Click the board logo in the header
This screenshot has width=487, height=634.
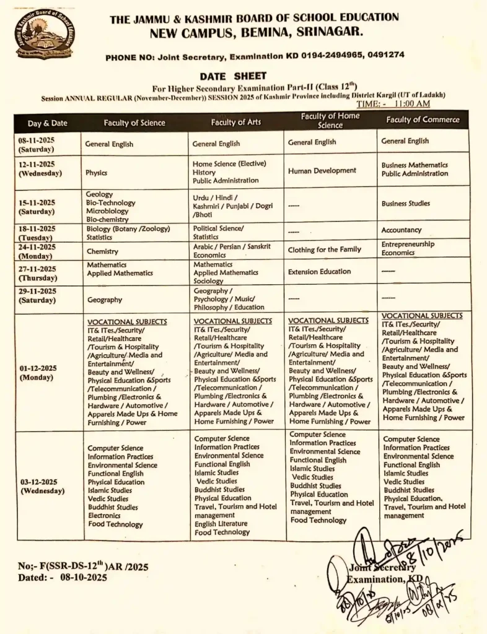click(x=44, y=34)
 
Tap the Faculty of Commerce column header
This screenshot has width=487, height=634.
click(x=423, y=119)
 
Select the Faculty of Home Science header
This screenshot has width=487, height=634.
click(x=330, y=120)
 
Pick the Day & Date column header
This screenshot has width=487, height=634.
click(x=47, y=123)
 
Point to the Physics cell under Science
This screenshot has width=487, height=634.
click(x=97, y=173)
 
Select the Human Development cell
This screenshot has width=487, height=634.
click(x=322, y=171)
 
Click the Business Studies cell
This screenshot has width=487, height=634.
click(x=405, y=203)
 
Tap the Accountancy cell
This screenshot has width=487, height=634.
click(x=401, y=230)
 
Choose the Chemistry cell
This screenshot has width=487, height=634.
click(x=102, y=251)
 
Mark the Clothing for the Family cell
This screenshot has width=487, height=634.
click(x=324, y=250)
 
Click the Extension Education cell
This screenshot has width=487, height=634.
click(x=319, y=271)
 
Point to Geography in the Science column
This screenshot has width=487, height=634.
click(x=104, y=300)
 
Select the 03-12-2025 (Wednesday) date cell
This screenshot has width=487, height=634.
click(x=42, y=486)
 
